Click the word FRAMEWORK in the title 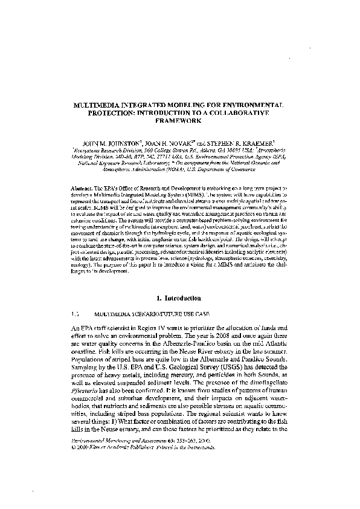179,120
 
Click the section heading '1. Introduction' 180,297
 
